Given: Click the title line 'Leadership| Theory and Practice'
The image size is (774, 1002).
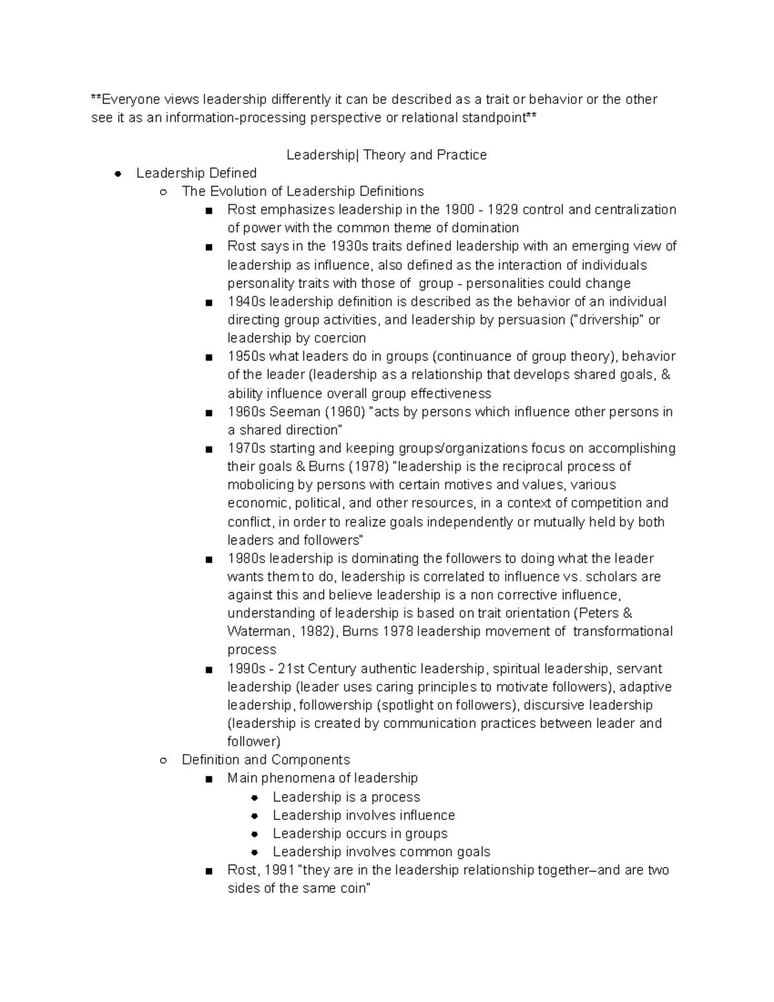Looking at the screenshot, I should tap(386, 155).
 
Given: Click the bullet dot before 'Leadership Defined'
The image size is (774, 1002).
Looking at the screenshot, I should tap(117, 174).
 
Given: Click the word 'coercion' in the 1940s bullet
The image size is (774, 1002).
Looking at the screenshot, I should tap(339, 338).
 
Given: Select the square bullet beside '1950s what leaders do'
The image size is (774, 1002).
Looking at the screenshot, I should tap(208, 357).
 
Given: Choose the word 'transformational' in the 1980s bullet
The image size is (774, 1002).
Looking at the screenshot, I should tap(622, 632).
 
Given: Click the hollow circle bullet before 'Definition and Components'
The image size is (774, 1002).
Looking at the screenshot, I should tap(163, 760).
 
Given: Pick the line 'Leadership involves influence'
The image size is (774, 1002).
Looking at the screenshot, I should tap(364, 816).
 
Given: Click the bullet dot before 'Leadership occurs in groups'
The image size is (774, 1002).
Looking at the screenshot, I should tap(255, 834).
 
